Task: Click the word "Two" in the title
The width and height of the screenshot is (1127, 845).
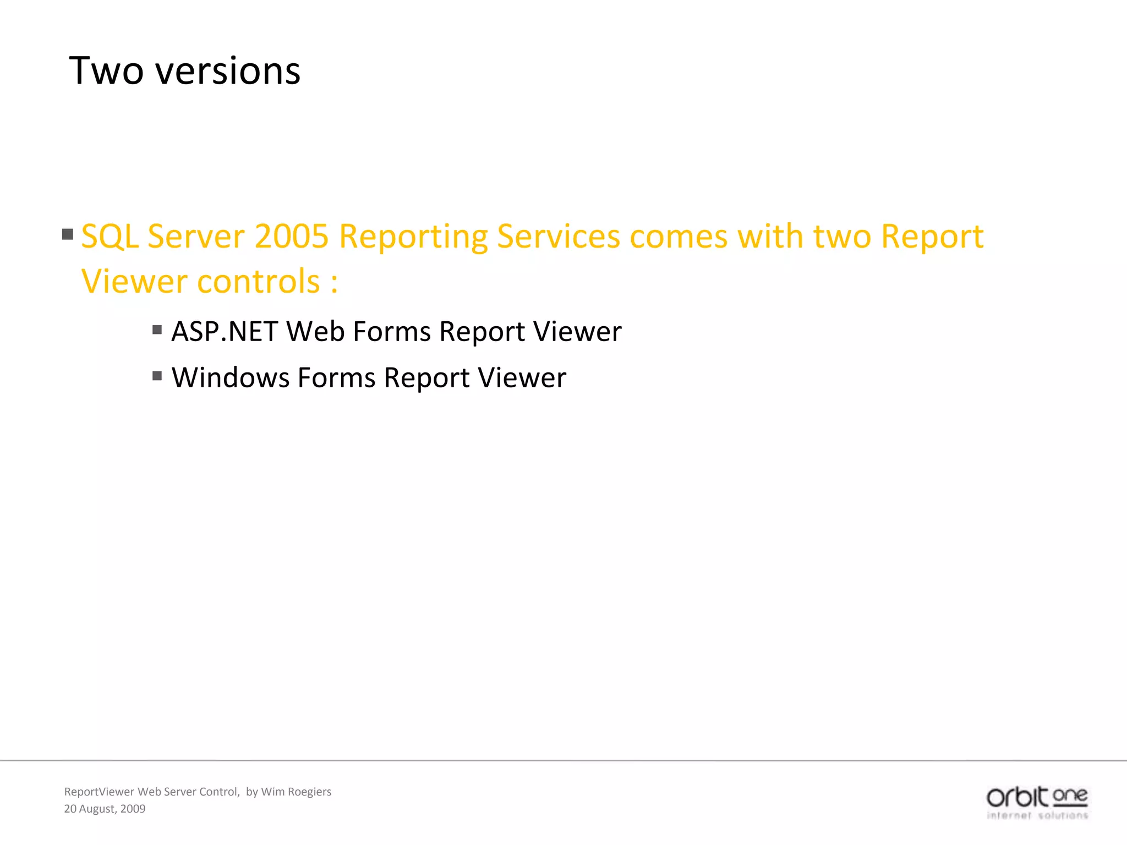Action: [x=106, y=72]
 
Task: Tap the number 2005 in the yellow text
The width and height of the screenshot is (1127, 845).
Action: [x=291, y=237]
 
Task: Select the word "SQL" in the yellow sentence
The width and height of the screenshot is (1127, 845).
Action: [x=110, y=237]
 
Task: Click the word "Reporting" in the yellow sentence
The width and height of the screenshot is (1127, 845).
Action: [x=413, y=237]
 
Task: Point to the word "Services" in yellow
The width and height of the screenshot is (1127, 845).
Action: [x=558, y=237]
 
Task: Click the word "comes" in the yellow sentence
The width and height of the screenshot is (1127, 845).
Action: [x=678, y=237]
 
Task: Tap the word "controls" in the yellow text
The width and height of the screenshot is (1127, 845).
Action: [x=258, y=282]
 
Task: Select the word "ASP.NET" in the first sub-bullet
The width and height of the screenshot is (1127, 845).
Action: [x=224, y=332]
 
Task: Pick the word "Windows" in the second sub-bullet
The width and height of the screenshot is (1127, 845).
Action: [x=230, y=378]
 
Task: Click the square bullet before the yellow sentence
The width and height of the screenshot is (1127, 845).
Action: [x=68, y=234]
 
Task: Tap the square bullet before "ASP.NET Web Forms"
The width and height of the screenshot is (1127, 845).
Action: [x=157, y=330]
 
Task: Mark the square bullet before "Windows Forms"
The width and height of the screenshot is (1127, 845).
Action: [x=157, y=376]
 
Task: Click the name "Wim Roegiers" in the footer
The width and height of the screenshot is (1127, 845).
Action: [x=296, y=792]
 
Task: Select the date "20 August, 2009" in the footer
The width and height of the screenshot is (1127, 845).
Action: [x=105, y=809]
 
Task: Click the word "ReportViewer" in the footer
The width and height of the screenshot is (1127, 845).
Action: [x=99, y=792]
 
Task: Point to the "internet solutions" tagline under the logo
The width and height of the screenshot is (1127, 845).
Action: [x=1037, y=815]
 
